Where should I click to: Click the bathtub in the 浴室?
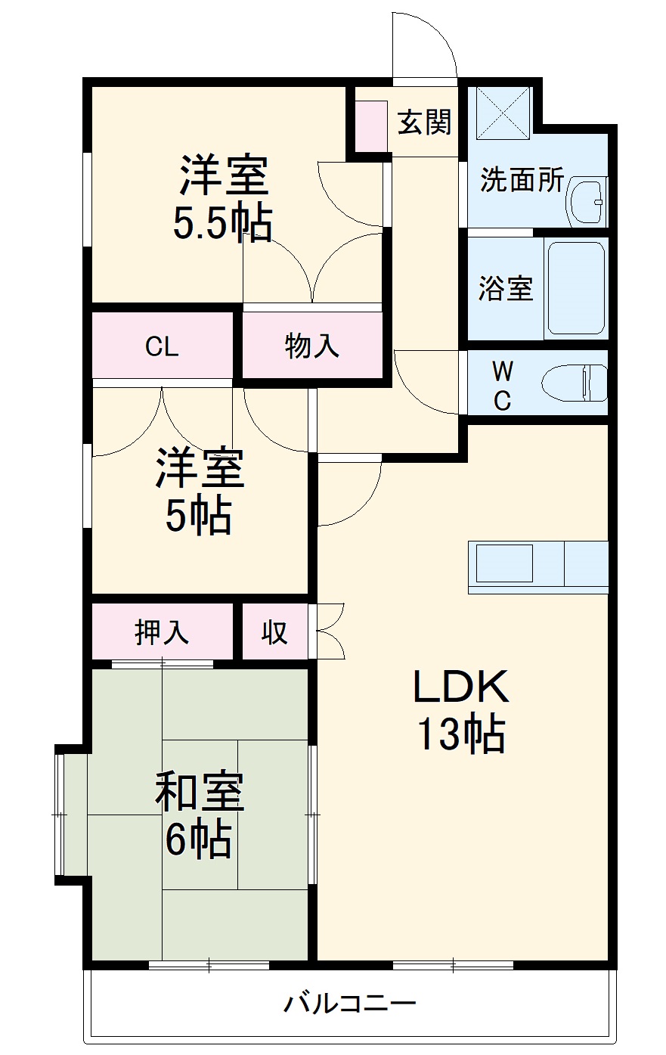(x=576, y=288)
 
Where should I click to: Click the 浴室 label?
(x=505, y=288)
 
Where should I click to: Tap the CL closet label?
(x=162, y=346)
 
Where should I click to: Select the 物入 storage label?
(x=311, y=346)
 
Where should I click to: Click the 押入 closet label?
(x=162, y=632)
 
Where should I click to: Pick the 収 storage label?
(x=275, y=632)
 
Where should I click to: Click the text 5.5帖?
(x=222, y=223)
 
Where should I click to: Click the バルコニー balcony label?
(x=350, y=1004)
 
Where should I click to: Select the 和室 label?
(x=200, y=791)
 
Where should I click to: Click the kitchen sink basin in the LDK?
(x=504, y=563)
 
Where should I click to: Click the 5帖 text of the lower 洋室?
(x=198, y=517)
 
